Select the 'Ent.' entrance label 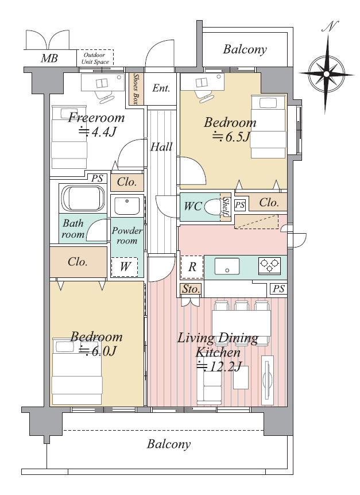[161, 88]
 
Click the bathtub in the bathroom [83, 199]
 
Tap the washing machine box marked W [125, 267]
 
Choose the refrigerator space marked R [192, 267]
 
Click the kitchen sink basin [227, 266]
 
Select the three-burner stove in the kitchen [269, 265]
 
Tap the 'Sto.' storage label [191, 289]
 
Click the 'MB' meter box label [49, 59]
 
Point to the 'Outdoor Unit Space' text [95, 59]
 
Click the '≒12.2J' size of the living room [219, 366]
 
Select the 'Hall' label [161, 147]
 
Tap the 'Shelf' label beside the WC [226, 207]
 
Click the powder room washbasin [127, 206]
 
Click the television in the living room [268, 380]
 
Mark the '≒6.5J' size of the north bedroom [231, 137]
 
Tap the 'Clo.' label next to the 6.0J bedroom [78, 262]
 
